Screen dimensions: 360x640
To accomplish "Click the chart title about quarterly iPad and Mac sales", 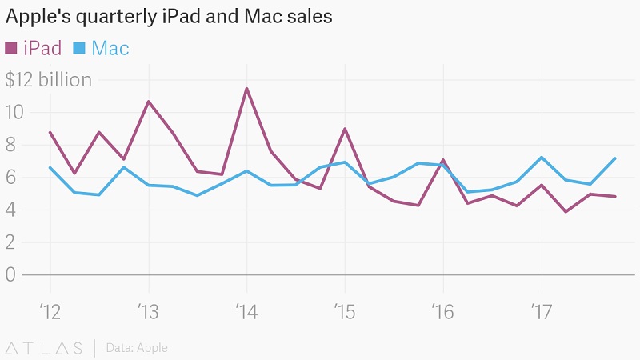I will (169, 17).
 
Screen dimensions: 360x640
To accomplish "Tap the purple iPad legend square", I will (11, 48).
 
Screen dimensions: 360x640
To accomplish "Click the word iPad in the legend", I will (42, 48).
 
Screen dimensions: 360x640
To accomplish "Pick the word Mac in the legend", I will (110, 48).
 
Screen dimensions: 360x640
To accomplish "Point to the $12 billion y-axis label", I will (48, 80).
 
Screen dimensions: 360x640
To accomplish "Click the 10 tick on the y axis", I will (15, 112).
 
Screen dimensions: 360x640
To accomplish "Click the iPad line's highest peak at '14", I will (246, 88).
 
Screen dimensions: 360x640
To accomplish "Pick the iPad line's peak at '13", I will (149, 102).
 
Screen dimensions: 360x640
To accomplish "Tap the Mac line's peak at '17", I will (542, 157).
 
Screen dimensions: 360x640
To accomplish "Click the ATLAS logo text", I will (44, 348).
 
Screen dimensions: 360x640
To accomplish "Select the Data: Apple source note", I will (137, 348).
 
